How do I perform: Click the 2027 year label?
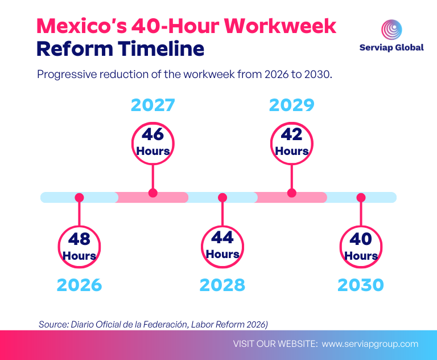[x=152, y=105]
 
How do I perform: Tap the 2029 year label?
[x=291, y=105]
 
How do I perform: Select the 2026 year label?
[x=79, y=285]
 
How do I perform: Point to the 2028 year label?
[x=222, y=285]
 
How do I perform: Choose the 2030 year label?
[x=360, y=285]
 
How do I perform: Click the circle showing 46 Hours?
[x=152, y=142]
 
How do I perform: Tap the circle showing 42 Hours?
[x=291, y=142]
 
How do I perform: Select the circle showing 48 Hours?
[x=79, y=247]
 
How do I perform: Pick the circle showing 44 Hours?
[x=222, y=246]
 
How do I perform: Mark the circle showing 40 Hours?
[x=361, y=247]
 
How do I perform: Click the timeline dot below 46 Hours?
[x=152, y=193]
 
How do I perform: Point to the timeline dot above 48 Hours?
[x=79, y=198]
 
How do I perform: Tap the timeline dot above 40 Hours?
[x=360, y=198]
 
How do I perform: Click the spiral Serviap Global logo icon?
[x=391, y=30]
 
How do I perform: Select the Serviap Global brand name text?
[x=391, y=48]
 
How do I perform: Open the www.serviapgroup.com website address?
[x=370, y=344]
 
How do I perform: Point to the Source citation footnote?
[x=153, y=324]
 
